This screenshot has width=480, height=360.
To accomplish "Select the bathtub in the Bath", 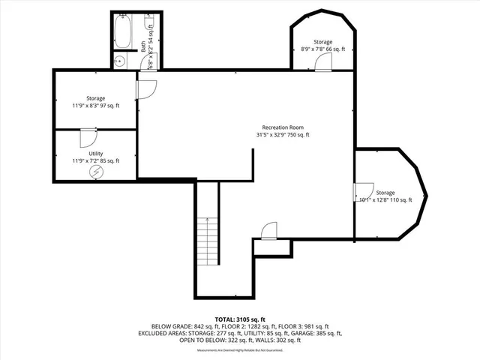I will tap(123, 34).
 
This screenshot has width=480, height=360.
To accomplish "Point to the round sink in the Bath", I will tap(118, 62).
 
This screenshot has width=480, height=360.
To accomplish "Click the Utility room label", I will tap(95, 153).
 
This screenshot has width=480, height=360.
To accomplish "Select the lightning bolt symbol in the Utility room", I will tap(95, 172).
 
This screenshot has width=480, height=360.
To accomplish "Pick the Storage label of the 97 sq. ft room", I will tap(95, 98).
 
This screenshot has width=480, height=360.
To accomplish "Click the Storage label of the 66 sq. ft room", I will tap(322, 42).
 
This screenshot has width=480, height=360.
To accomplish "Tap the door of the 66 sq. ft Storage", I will tap(322, 64).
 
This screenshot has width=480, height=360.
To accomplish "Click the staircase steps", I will tap(206, 240).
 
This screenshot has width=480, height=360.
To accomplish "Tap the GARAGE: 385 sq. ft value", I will tap(316, 334).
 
